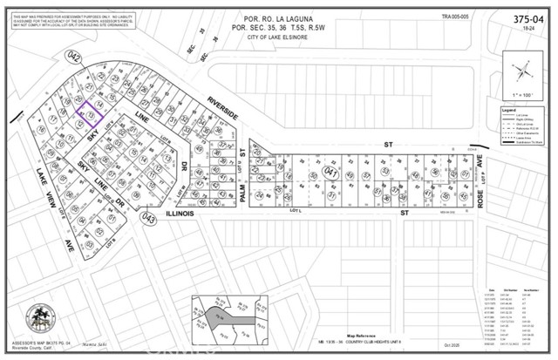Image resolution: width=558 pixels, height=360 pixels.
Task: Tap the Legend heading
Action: point(508,111)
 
